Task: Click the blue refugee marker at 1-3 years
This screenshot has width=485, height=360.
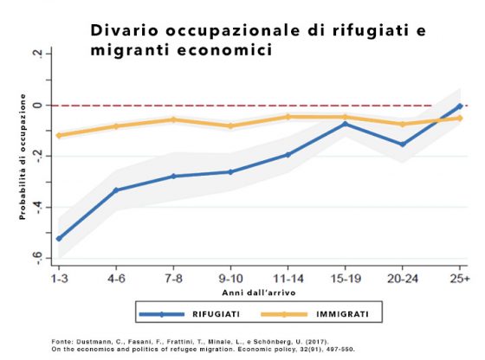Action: tap(59, 239)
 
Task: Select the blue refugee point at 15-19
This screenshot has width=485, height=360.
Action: tap(346, 125)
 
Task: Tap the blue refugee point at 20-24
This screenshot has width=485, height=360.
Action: tap(403, 145)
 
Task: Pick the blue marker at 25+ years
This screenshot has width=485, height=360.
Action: tap(460, 106)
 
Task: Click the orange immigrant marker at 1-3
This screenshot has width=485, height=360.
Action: tap(59, 135)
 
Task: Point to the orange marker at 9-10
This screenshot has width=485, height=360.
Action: tap(230, 125)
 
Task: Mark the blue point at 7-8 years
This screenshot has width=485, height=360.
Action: tap(173, 177)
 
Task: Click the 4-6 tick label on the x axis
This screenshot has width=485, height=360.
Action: tap(116, 279)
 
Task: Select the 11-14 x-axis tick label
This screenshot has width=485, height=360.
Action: tap(288, 279)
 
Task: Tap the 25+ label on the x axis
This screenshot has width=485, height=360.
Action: tap(460, 279)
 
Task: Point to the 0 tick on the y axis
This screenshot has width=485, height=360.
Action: tap(38, 106)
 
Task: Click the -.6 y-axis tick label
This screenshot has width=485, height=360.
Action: tap(38, 258)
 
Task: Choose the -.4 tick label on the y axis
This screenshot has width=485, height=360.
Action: tap(38, 207)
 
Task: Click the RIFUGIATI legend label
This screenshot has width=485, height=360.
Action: tap(216, 314)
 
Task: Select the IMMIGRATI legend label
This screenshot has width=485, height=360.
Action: tap(342, 314)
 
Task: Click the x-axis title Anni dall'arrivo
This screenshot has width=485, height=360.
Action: tap(259, 292)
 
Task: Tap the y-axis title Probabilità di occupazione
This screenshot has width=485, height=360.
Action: tap(23, 157)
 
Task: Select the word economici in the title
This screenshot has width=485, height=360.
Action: tap(225, 50)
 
